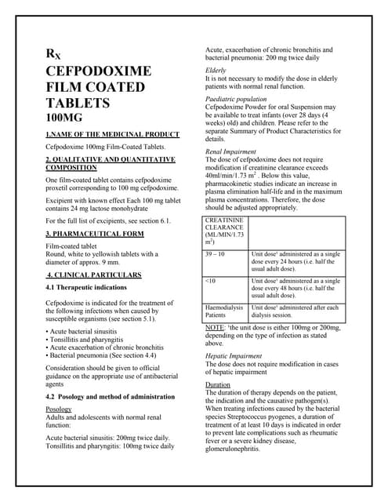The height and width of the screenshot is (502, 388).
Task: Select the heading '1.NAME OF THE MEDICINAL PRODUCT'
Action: pos(113,134)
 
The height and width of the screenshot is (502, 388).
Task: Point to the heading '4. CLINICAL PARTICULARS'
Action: pos(94,275)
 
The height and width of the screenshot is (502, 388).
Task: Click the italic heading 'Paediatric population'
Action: pos(235,100)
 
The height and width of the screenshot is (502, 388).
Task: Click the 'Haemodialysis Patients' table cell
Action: pos(223,311)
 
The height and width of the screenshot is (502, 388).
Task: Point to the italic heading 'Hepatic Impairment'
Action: pos(234,355)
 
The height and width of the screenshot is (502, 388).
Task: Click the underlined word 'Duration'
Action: pos(218,385)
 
